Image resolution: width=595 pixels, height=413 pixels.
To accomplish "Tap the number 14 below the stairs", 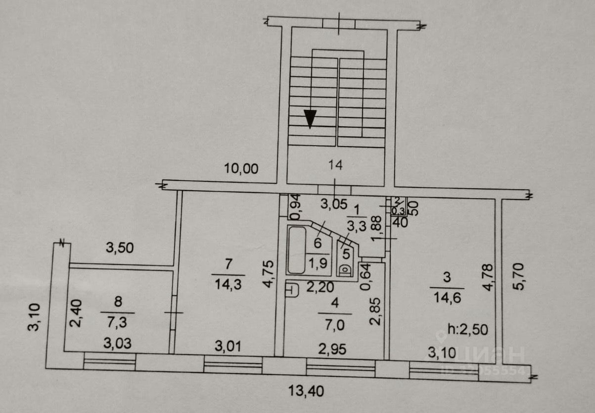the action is (335, 165).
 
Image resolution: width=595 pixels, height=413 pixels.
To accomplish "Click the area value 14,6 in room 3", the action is (447, 299).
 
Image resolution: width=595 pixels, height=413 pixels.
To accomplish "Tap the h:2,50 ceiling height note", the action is (468, 329).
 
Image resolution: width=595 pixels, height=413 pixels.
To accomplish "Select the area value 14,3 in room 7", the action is (228, 285).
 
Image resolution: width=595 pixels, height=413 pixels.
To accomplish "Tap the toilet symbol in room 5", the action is (345, 269).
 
